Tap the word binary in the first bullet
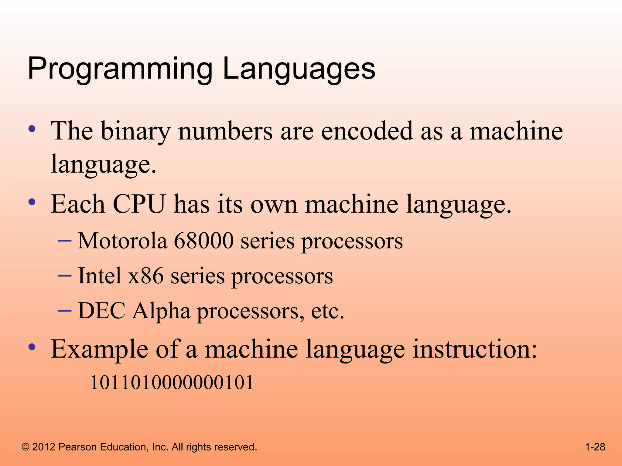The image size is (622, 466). pos(135,131)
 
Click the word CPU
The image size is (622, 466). pos(139,204)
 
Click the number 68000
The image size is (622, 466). pos(203,241)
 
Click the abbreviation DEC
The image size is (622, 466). pos(101,311)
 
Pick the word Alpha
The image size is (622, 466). pos(161,311)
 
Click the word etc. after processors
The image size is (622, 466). pos(328,311)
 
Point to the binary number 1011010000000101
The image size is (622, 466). pos(172,383)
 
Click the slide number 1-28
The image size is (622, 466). pos(595,447)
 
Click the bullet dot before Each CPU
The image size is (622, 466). pos(32,202)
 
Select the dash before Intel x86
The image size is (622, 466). pos(64,275)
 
